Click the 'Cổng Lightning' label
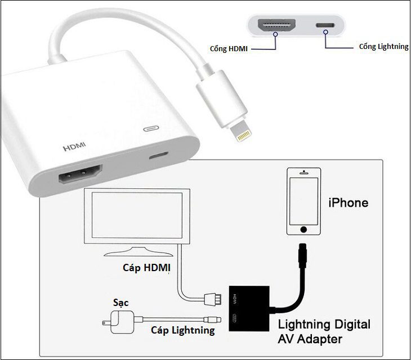pos(383,47)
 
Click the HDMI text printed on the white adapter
pos(75,148)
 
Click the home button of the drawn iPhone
pos(304,229)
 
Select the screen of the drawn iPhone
pos(304,201)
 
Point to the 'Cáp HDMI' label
pos(146,268)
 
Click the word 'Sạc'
pos(120,303)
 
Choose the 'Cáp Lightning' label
pos(182,330)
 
